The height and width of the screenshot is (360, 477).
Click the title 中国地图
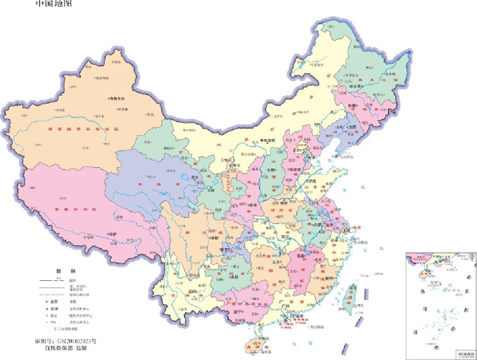click(x=54, y=4)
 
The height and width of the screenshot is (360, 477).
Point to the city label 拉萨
click(x=112, y=234)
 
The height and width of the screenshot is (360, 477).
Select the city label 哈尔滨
click(x=357, y=87)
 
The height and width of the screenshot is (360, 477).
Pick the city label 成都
click(x=214, y=237)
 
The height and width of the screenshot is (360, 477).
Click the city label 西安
click(x=253, y=205)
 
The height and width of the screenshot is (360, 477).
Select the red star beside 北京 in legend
click(x=46, y=301)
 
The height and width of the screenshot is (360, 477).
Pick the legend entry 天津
click(x=54, y=309)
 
